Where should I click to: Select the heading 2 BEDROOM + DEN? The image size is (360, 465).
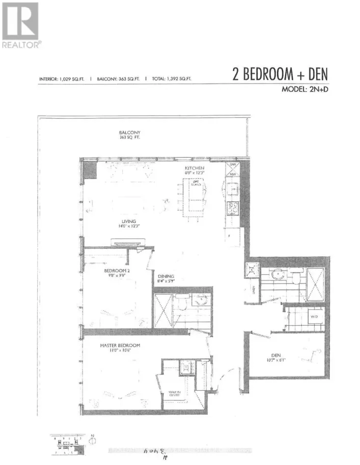[x=280, y=75]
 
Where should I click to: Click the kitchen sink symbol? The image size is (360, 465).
[x=234, y=189]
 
